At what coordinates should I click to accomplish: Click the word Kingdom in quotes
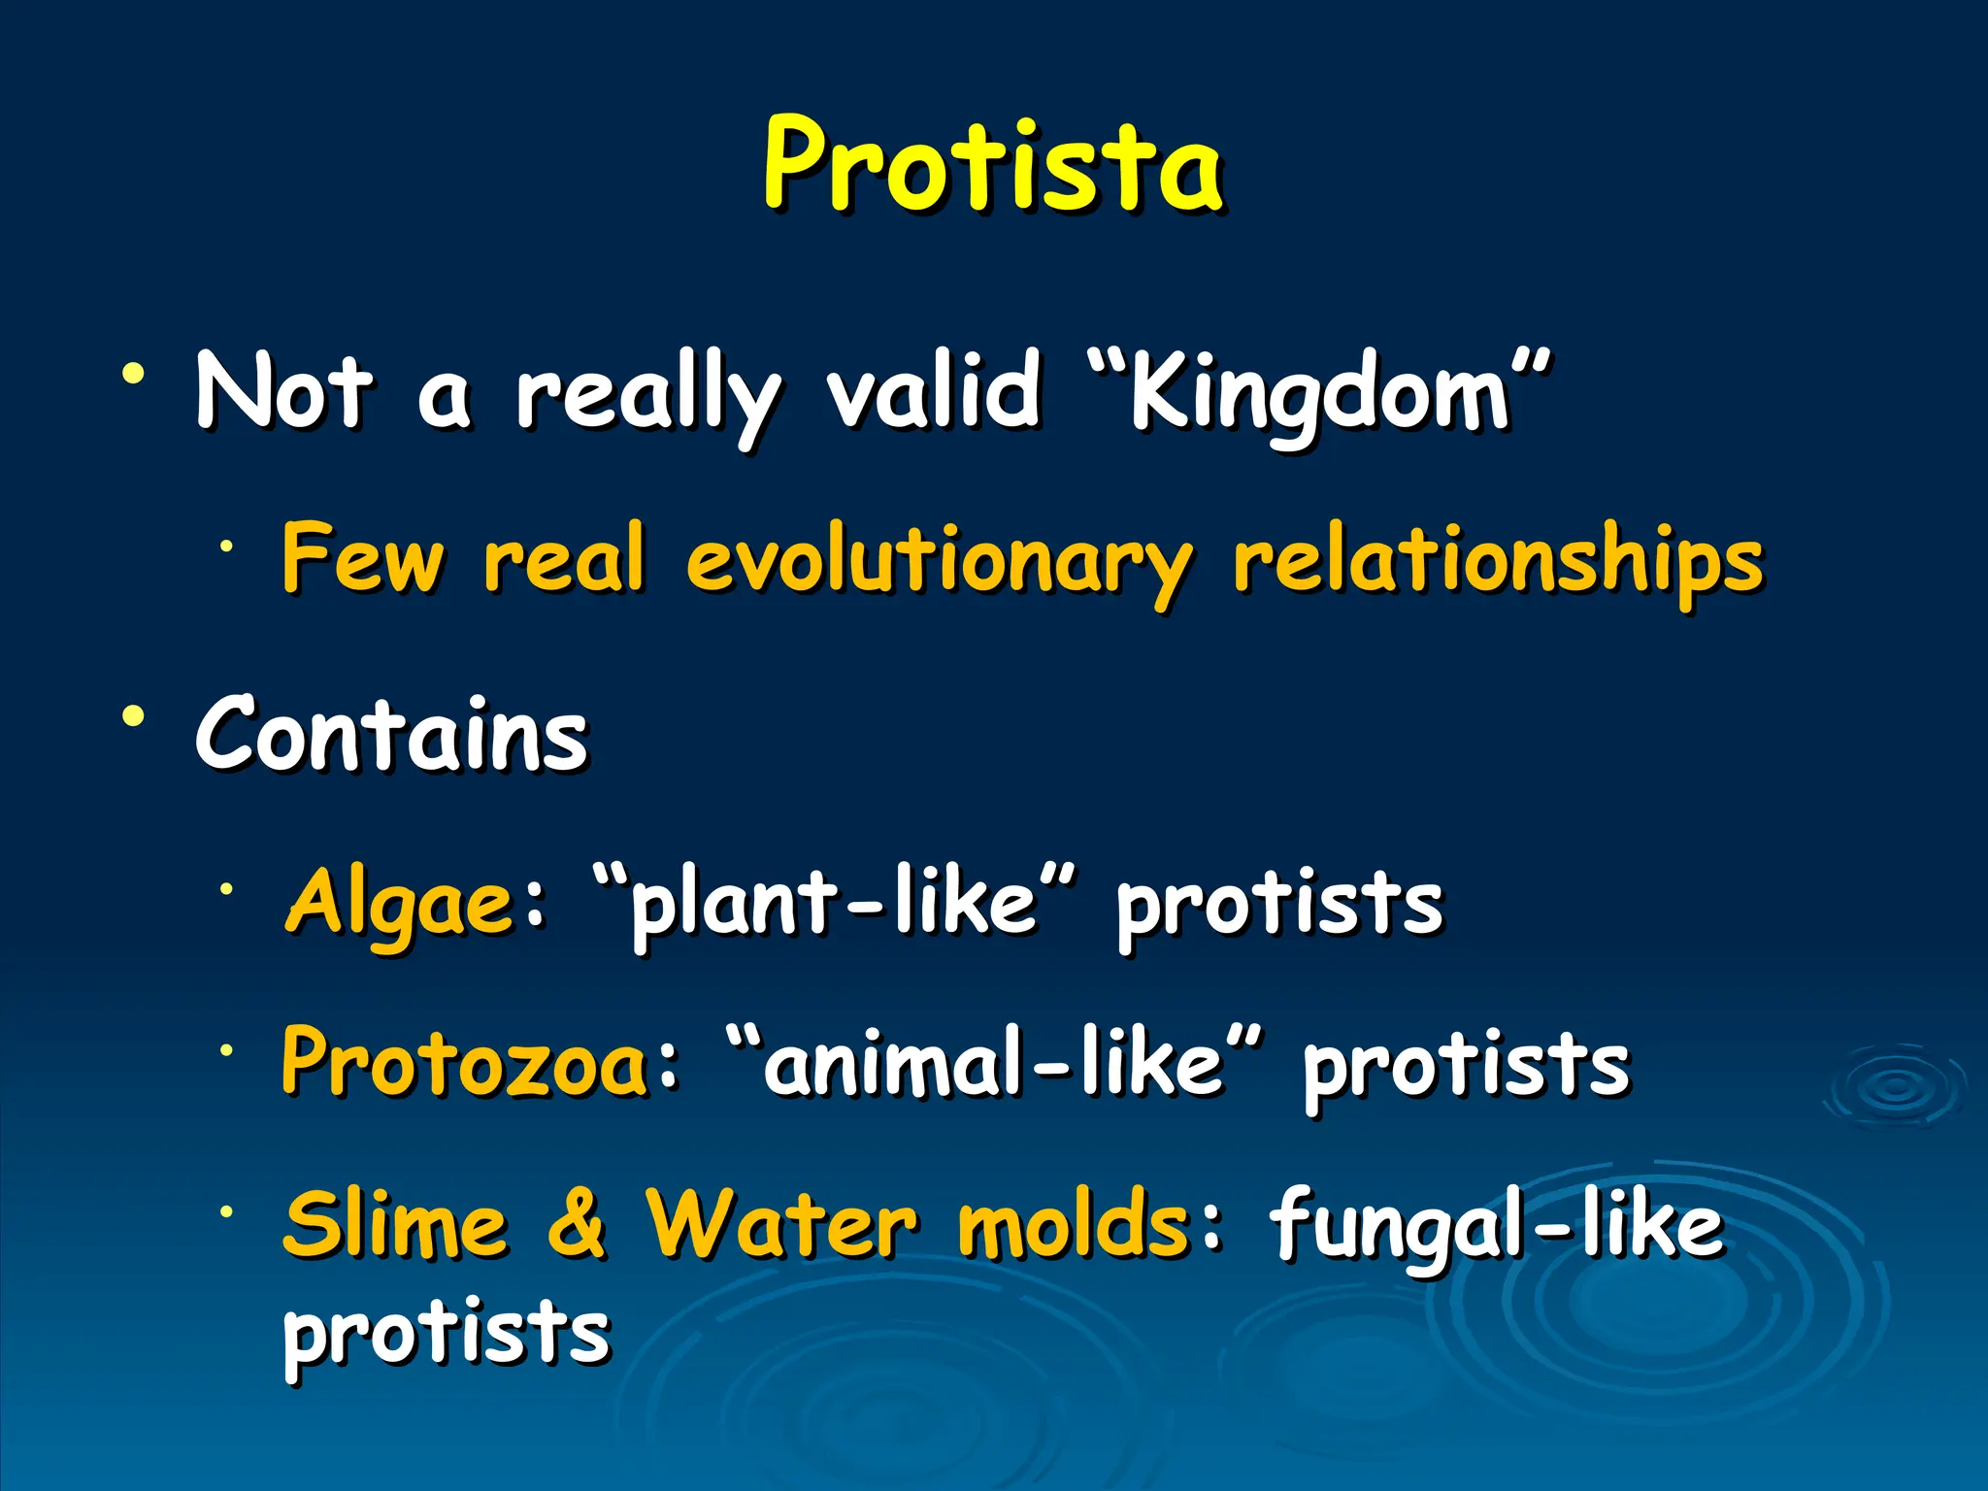click(x=1320, y=393)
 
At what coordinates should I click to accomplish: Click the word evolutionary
click(x=938, y=563)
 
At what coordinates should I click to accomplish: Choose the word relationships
click(x=1498, y=563)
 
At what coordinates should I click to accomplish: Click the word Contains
click(x=392, y=735)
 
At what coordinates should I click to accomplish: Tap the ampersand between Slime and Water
click(x=577, y=1225)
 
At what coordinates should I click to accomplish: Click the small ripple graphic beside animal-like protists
click(x=1896, y=1086)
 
